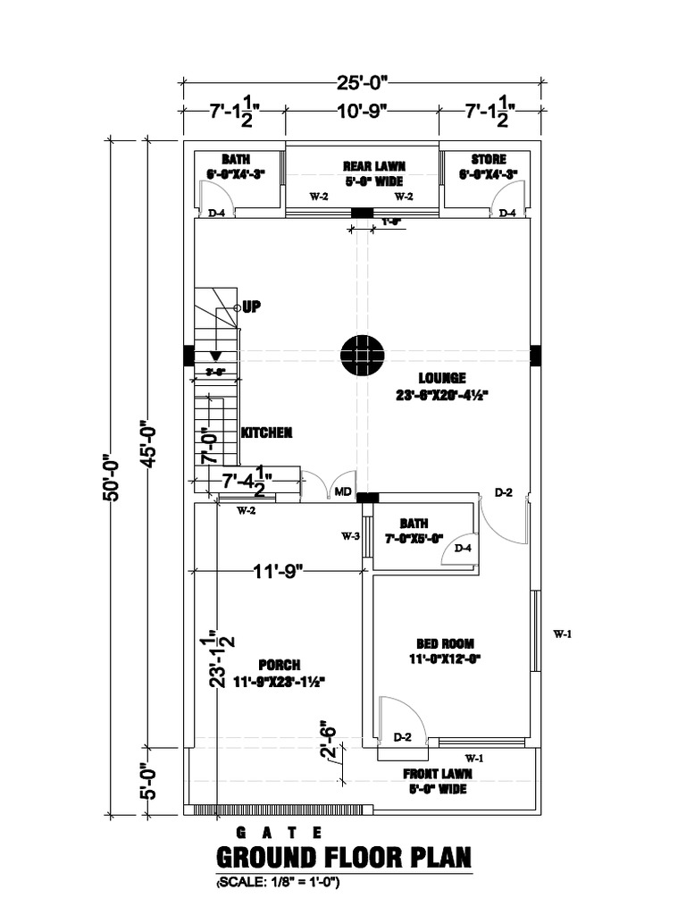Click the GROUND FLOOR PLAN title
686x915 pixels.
pyautogui.click(x=344, y=859)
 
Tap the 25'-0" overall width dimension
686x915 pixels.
pyautogui.click(x=362, y=84)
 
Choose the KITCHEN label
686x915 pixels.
pyautogui.click(x=266, y=432)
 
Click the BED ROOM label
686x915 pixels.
pyautogui.click(x=445, y=643)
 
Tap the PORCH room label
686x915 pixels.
pyautogui.click(x=279, y=665)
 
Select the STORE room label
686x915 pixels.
pyautogui.click(x=488, y=159)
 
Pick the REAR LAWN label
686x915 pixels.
pyautogui.click(x=374, y=166)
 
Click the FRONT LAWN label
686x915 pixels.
pyautogui.click(x=438, y=774)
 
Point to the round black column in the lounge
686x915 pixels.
pyautogui.click(x=362, y=355)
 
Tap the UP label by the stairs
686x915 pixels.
pyautogui.click(x=251, y=307)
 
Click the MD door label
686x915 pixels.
pyautogui.click(x=343, y=491)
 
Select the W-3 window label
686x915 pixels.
pyautogui.click(x=350, y=537)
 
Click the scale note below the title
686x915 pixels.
pyautogui.click(x=278, y=884)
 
